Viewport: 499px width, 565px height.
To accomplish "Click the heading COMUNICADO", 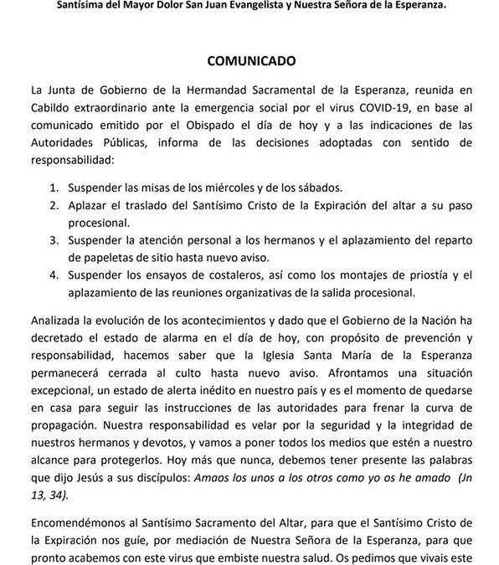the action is (x=249, y=61).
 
